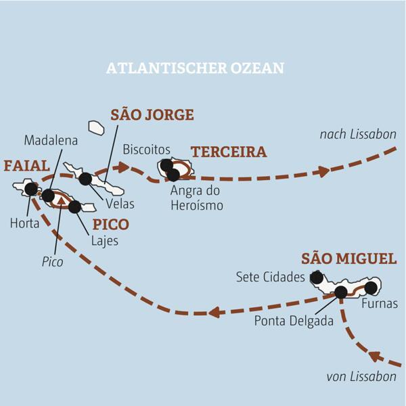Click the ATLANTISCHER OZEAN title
[195, 68]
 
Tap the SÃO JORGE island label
[152, 114]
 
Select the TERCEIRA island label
[229, 152]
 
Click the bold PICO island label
[110, 224]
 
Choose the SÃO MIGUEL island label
[348, 258]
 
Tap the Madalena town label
[51, 140]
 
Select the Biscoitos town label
[146, 149]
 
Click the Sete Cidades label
[271, 277]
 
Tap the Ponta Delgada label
[294, 320]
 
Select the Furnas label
[379, 304]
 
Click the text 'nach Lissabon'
[358, 135]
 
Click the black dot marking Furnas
[370, 287]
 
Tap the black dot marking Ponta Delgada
[340, 292]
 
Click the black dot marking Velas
[85, 179]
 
